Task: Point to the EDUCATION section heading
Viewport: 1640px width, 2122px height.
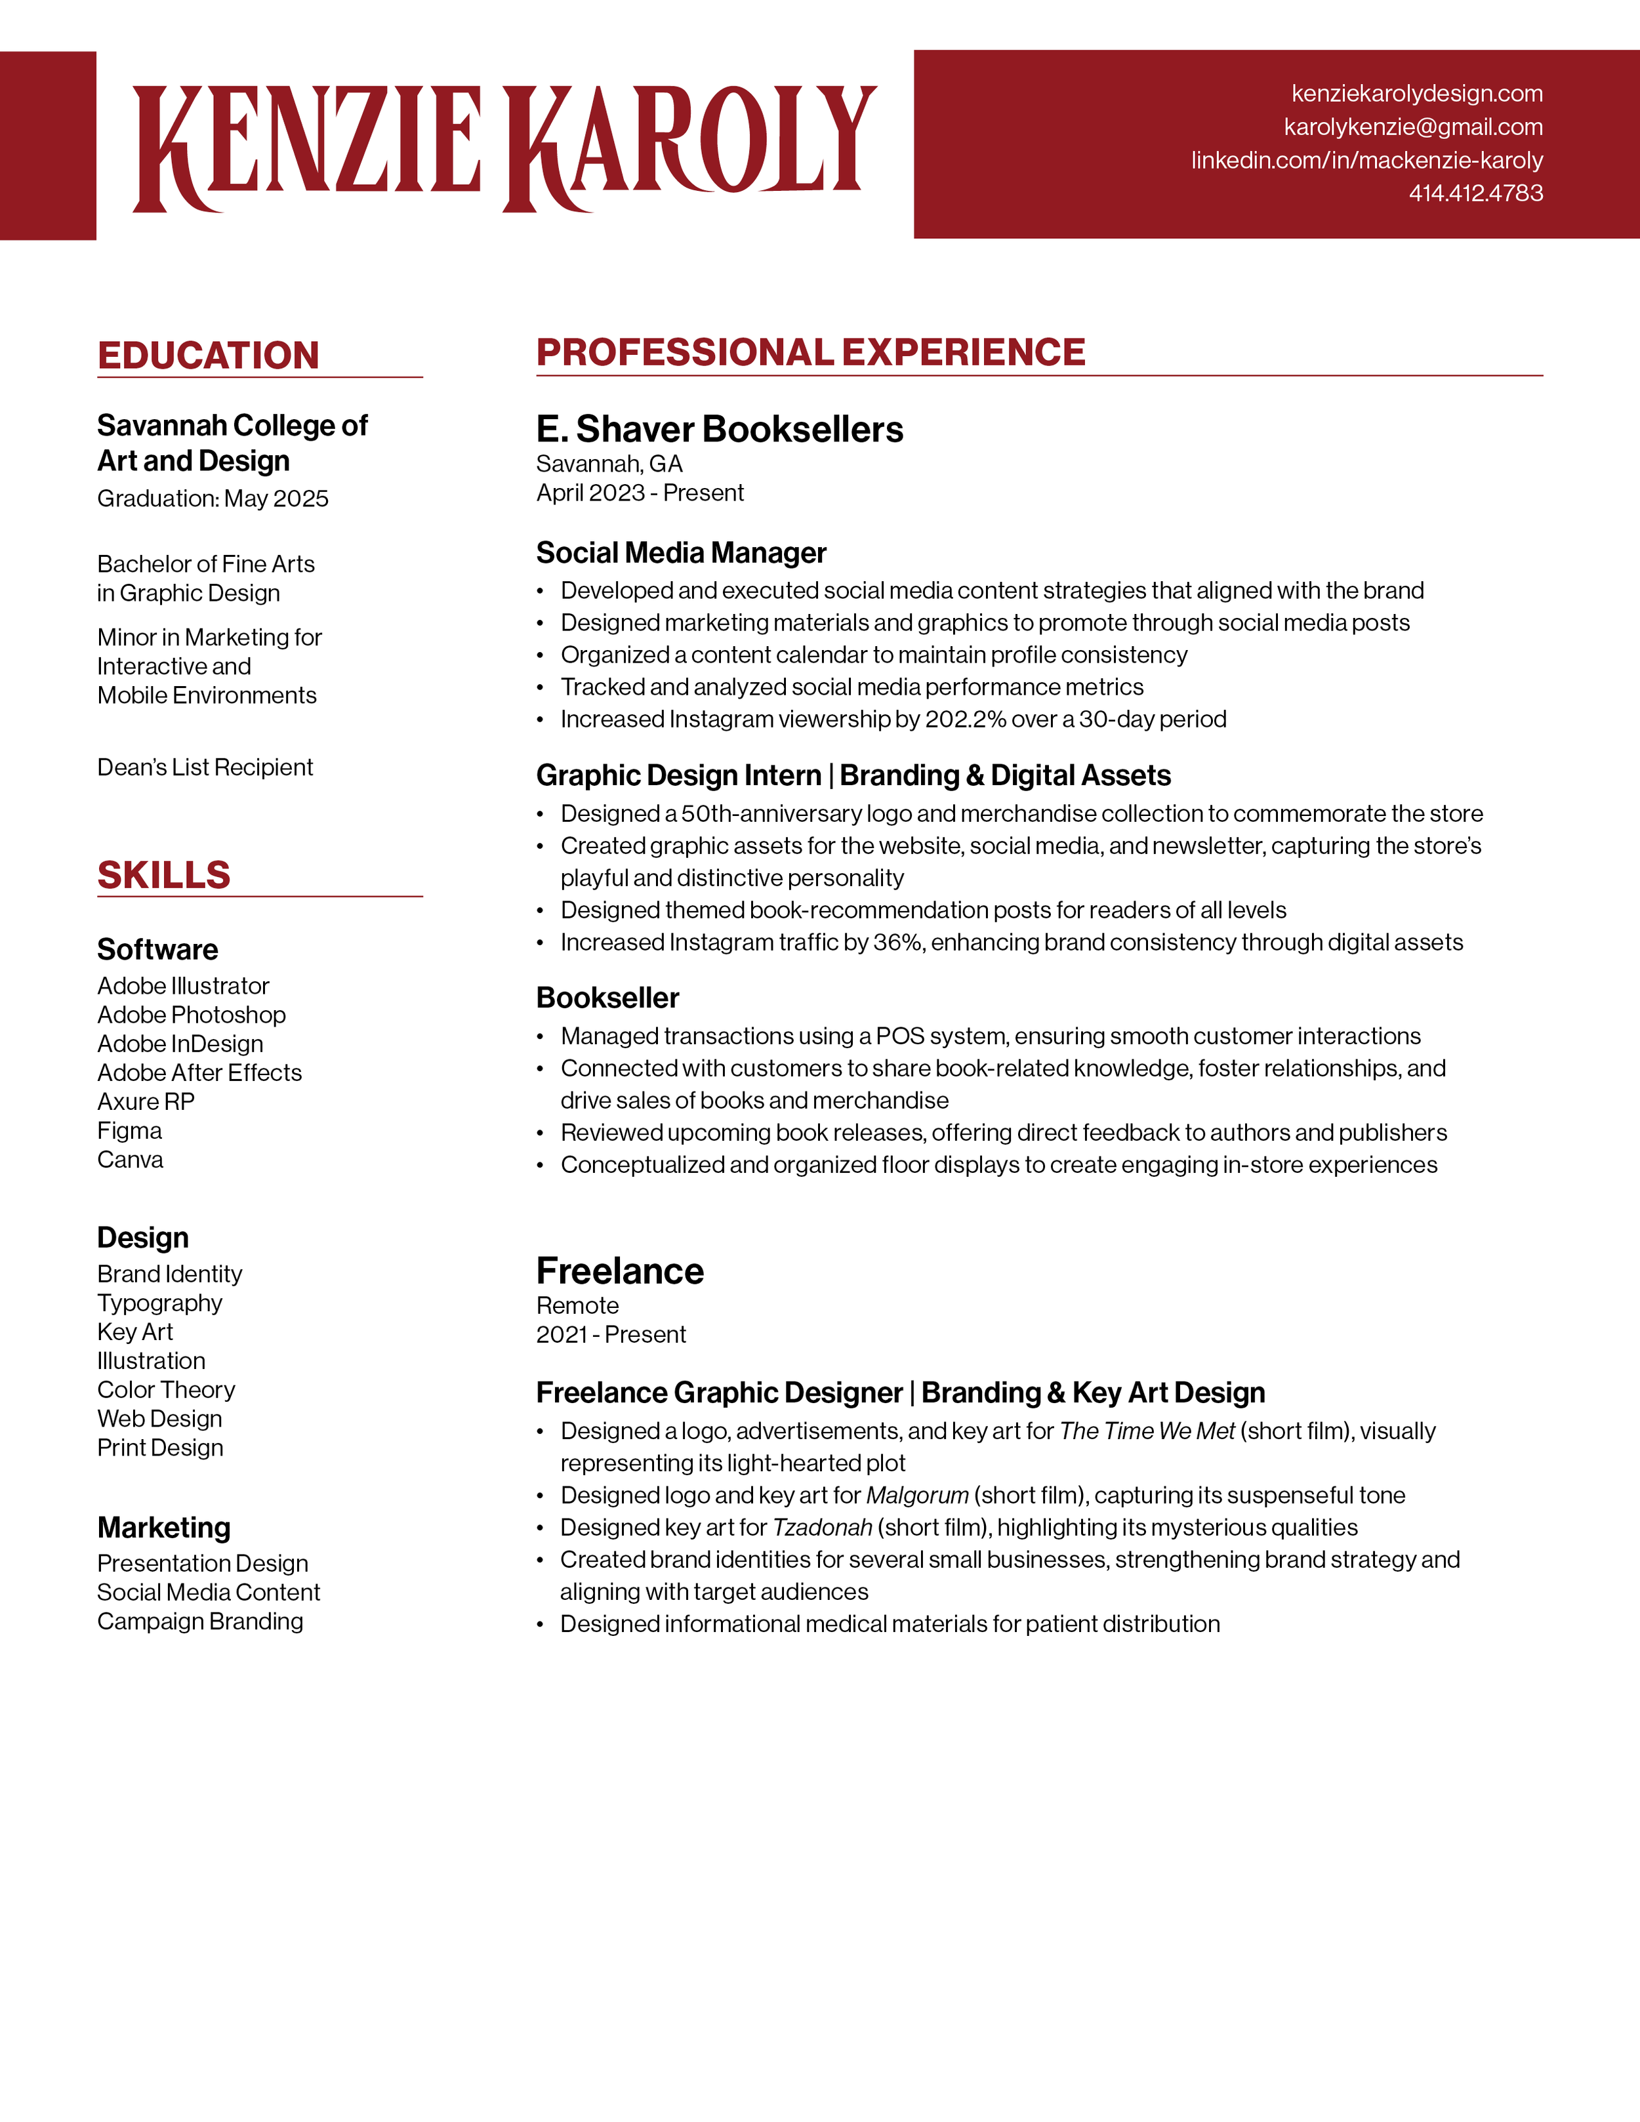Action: point(208,356)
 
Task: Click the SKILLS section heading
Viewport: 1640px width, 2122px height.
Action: point(163,876)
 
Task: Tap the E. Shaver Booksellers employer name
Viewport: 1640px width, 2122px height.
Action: point(719,430)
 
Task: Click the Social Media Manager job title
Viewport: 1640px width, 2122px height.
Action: point(680,553)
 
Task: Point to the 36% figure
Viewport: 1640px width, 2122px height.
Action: point(897,943)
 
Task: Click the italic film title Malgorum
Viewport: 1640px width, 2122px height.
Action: point(917,1496)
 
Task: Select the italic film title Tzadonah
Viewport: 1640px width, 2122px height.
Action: point(822,1527)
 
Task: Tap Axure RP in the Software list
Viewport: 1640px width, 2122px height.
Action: point(146,1102)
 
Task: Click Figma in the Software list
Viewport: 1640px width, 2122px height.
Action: point(129,1131)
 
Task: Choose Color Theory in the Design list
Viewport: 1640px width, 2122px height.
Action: point(166,1391)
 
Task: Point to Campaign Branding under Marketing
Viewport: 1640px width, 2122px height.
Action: point(200,1622)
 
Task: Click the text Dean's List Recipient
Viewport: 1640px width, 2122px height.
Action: point(205,767)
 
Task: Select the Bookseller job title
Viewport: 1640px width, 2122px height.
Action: point(607,998)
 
